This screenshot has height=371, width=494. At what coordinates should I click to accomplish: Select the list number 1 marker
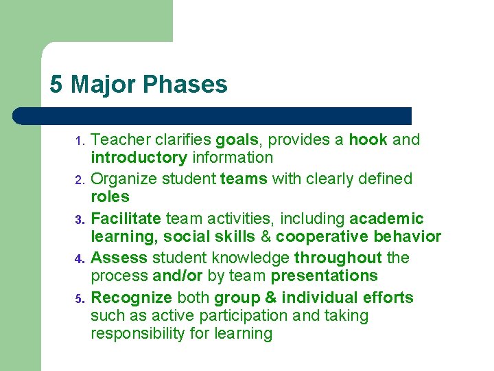79,142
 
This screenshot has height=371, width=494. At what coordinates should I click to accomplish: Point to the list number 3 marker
79,221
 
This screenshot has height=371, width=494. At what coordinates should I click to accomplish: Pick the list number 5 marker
79,300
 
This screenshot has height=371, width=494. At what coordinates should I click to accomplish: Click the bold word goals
238,140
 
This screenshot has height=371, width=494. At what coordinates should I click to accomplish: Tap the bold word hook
368,140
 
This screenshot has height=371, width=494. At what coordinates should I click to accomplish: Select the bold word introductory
139,158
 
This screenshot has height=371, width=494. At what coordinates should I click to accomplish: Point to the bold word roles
110,197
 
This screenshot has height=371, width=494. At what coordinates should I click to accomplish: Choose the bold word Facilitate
126,218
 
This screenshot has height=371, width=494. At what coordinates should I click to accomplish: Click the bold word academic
386,218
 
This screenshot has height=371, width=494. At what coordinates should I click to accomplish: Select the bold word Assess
119,258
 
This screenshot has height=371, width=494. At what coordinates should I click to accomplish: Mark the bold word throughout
338,258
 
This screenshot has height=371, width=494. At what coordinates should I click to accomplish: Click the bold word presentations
324,276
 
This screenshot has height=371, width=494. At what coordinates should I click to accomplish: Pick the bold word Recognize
132,297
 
